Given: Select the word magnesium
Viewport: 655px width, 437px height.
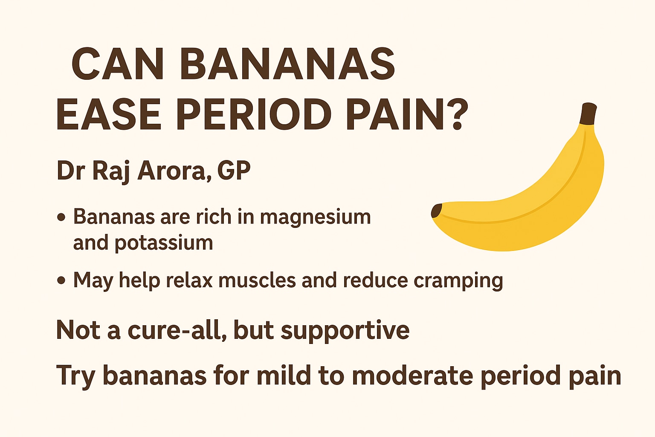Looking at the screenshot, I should click(315, 218).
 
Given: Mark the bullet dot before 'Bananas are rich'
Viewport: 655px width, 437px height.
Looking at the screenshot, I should click(61, 218).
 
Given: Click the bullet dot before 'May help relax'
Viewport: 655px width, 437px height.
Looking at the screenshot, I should click(61, 280).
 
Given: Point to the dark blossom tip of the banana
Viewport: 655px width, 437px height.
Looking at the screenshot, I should click(436, 211).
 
